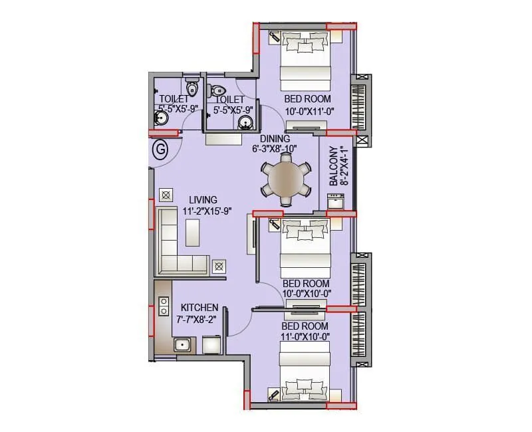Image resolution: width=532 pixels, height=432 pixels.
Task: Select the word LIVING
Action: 202,200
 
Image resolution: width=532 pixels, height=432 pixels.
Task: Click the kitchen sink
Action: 182,344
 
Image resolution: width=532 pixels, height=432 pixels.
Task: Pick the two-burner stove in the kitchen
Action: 163,306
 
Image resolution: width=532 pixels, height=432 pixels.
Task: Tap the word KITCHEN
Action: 199,308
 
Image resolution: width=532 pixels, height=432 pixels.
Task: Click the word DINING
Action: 275,138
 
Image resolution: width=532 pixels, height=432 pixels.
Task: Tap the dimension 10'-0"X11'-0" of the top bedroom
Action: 308,112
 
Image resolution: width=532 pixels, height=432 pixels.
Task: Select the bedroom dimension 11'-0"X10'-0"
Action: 305,337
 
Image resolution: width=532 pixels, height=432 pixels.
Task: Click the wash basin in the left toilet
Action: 160,119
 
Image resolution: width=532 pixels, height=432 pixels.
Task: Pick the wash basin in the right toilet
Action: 245,122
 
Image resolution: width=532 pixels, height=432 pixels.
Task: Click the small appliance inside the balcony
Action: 334,201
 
